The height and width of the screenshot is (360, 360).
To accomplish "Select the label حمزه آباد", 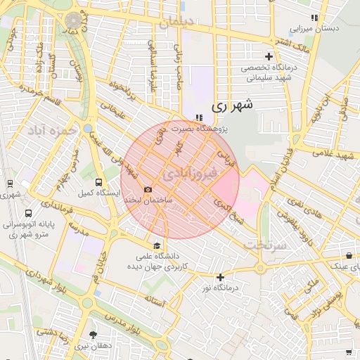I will (50, 130).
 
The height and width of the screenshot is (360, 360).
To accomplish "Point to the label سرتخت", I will (262, 245).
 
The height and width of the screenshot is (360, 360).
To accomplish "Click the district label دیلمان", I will (176, 23).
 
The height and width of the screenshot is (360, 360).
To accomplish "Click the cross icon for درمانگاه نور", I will (221, 277).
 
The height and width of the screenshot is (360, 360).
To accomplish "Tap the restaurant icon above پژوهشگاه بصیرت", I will (198, 117).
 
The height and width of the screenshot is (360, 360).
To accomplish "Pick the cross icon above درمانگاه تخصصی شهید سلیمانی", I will (268, 56).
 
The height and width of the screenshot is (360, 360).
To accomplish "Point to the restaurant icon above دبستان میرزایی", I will (314, 17).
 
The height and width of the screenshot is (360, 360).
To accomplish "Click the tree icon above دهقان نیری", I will (93, 335).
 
